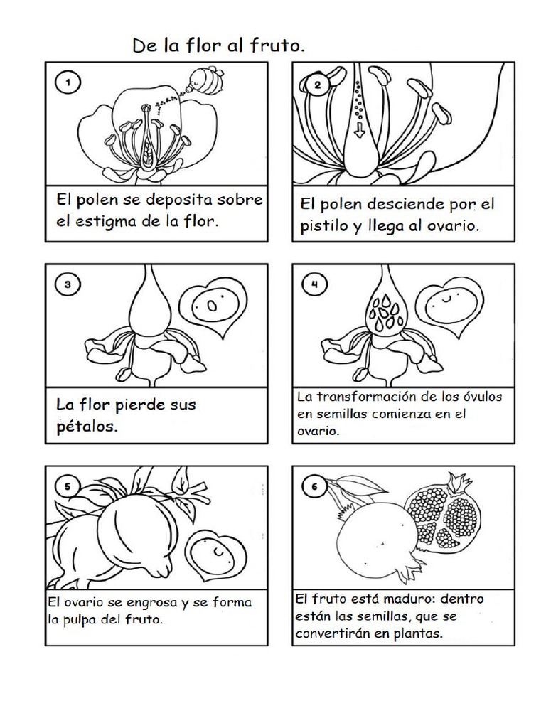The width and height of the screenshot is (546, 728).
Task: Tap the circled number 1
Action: (68, 82)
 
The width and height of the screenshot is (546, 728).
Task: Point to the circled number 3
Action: (67, 285)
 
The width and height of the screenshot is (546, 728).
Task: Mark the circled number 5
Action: (67, 486)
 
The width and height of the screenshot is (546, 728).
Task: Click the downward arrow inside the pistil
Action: (358, 130)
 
